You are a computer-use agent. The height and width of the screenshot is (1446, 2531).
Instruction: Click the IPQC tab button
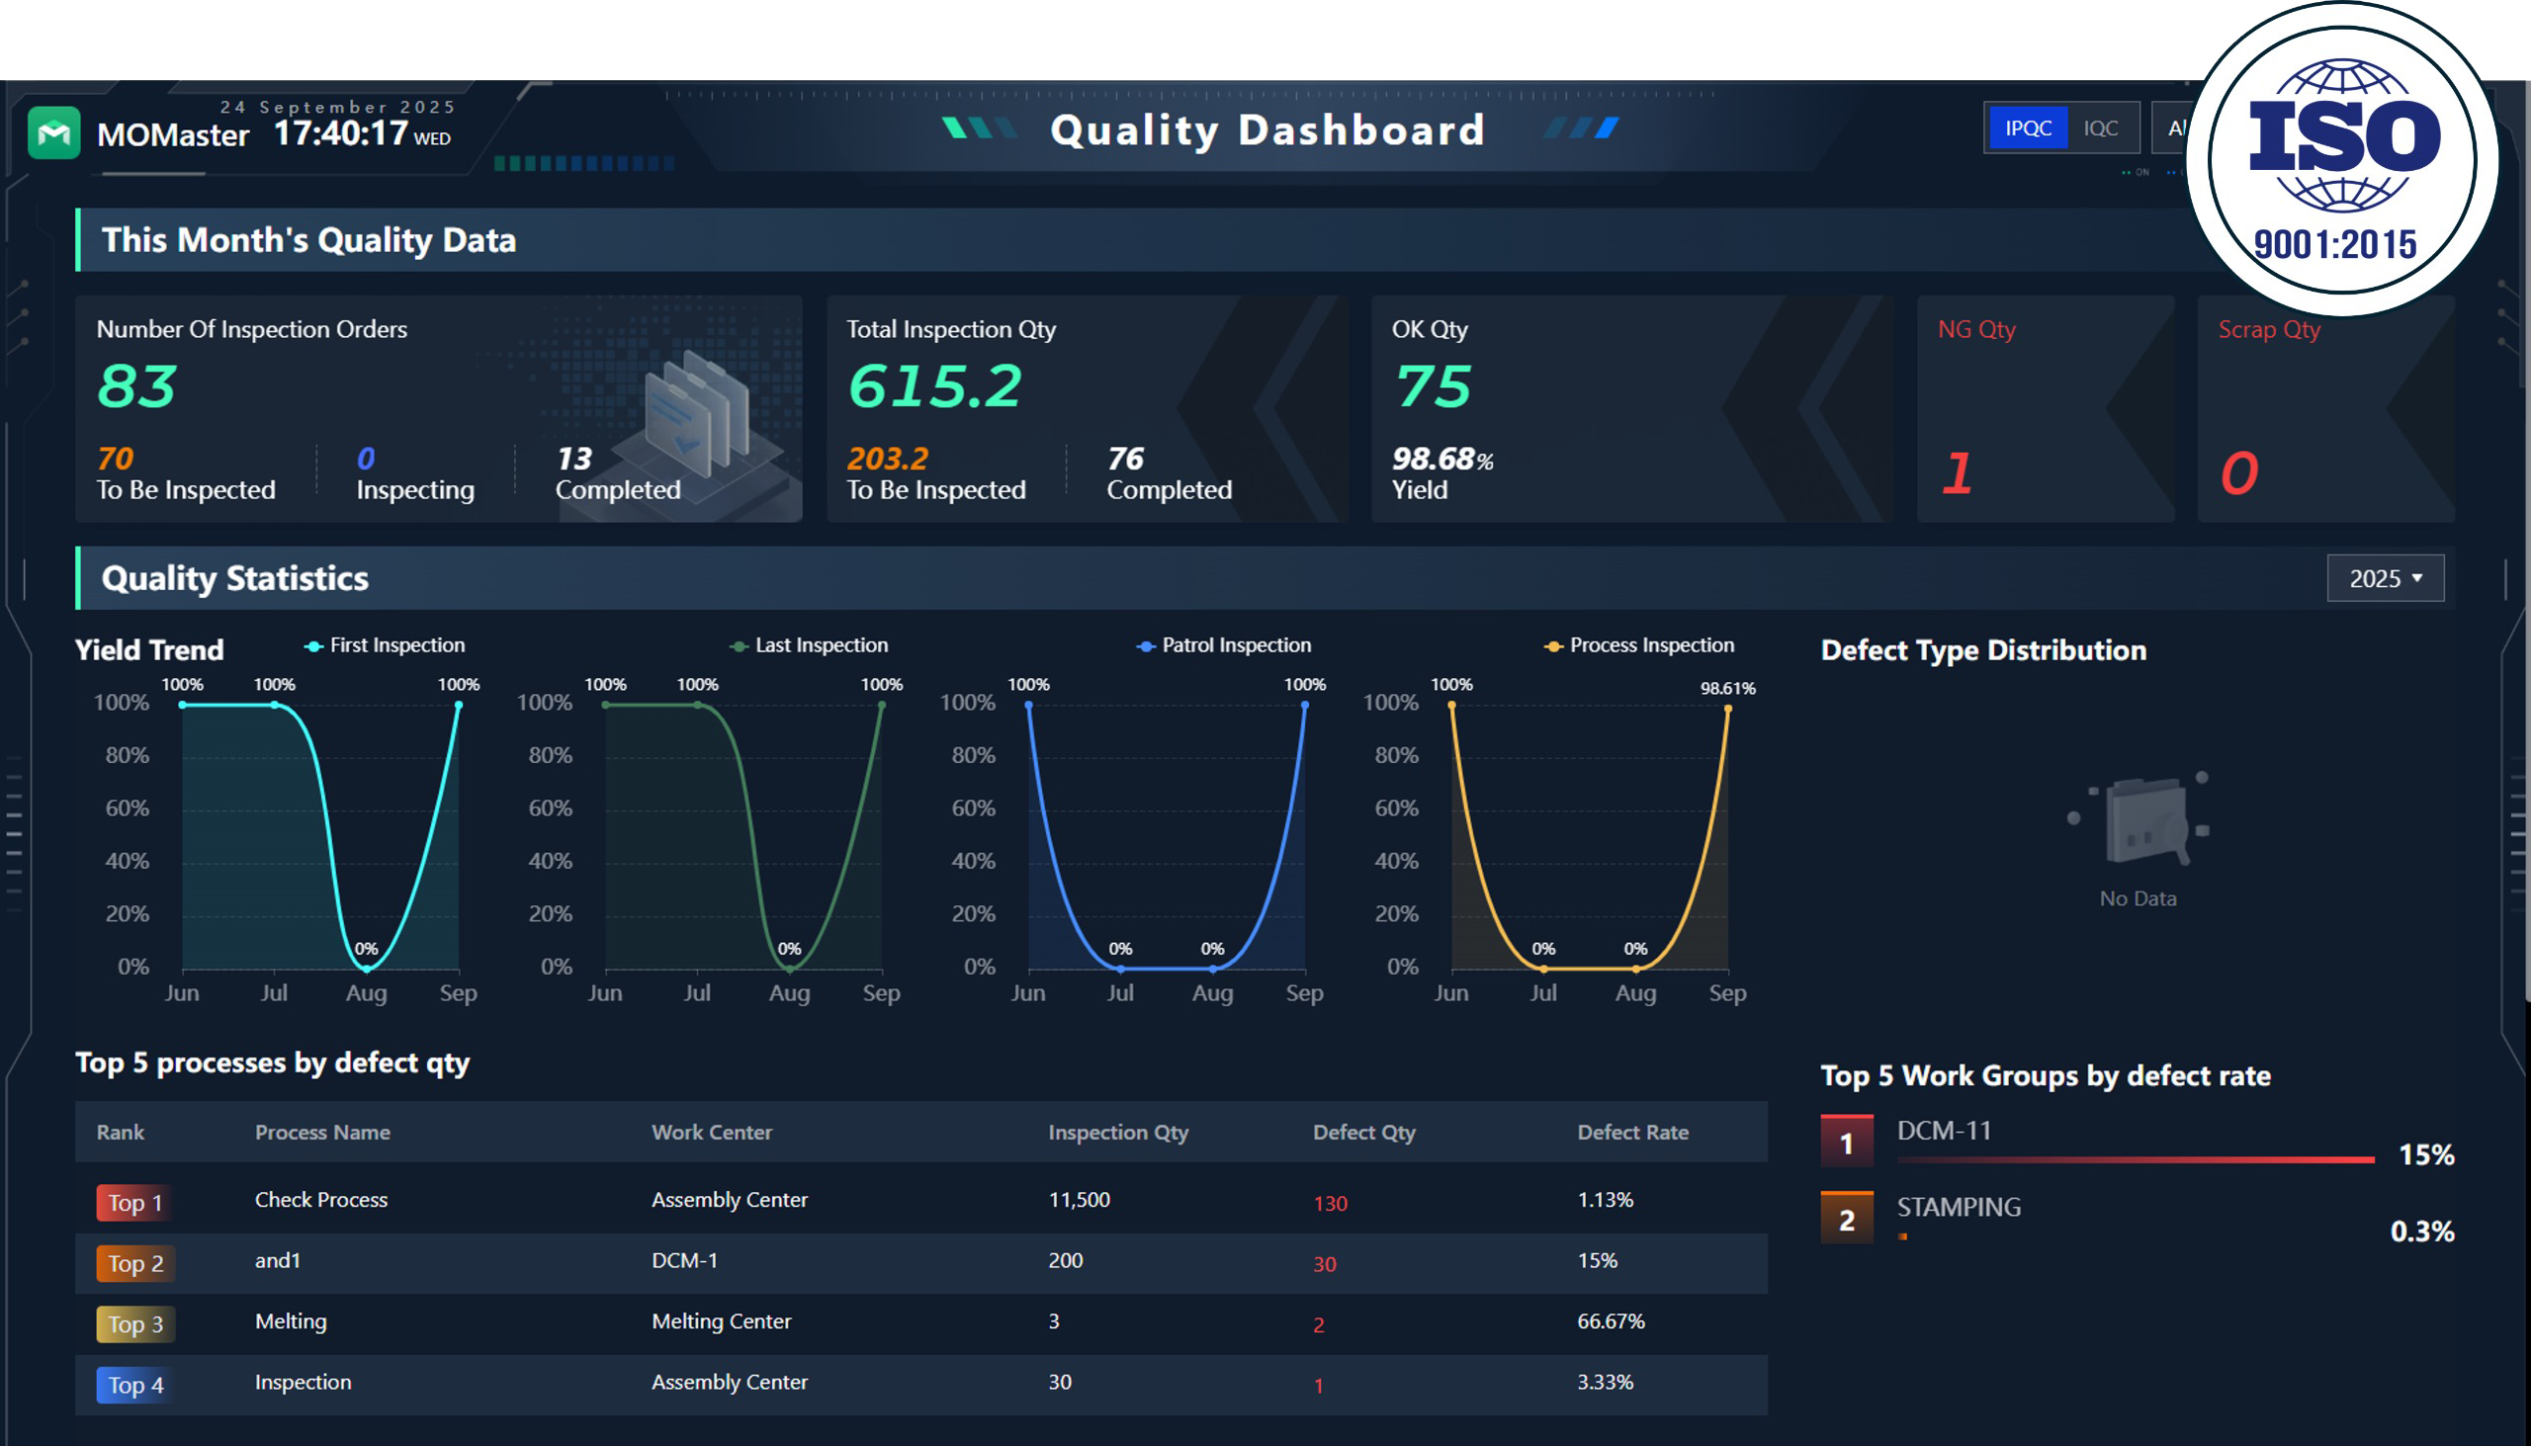(2028, 128)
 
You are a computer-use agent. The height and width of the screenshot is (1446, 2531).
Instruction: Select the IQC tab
(2101, 128)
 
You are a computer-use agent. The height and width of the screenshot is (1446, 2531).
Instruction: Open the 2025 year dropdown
(2385, 578)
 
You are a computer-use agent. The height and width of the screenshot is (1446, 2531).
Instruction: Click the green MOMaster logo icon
(53, 133)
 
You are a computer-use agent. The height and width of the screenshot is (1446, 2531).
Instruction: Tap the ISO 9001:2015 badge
(2342, 159)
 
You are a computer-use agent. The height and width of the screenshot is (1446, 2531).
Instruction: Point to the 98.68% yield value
(1442, 459)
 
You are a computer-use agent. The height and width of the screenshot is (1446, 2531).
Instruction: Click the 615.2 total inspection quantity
(933, 385)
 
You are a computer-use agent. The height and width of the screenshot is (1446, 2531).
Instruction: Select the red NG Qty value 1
(1957, 472)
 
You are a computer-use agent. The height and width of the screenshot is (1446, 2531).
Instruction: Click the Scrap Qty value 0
(2239, 472)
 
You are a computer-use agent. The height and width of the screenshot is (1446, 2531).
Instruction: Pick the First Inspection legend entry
(385, 645)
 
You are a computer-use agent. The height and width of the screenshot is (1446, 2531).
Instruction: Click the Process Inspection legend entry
(1639, 645)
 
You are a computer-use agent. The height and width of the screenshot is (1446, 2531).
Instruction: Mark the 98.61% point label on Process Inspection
(1727, 688)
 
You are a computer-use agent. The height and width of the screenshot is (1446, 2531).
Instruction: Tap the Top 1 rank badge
(135, 1203)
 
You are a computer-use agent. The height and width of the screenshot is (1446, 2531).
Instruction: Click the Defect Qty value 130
(1330, 1204)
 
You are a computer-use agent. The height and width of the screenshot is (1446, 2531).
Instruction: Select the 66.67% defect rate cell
(1611, 1320)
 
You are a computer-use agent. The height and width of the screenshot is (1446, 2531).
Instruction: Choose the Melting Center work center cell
(721, 1320)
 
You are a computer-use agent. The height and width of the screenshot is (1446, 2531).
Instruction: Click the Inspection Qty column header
(1117, 1132)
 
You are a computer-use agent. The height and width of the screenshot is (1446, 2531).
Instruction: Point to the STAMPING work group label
(1958, 1207)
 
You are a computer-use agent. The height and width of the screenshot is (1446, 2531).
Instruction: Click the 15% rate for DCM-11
(2426, 1154)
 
